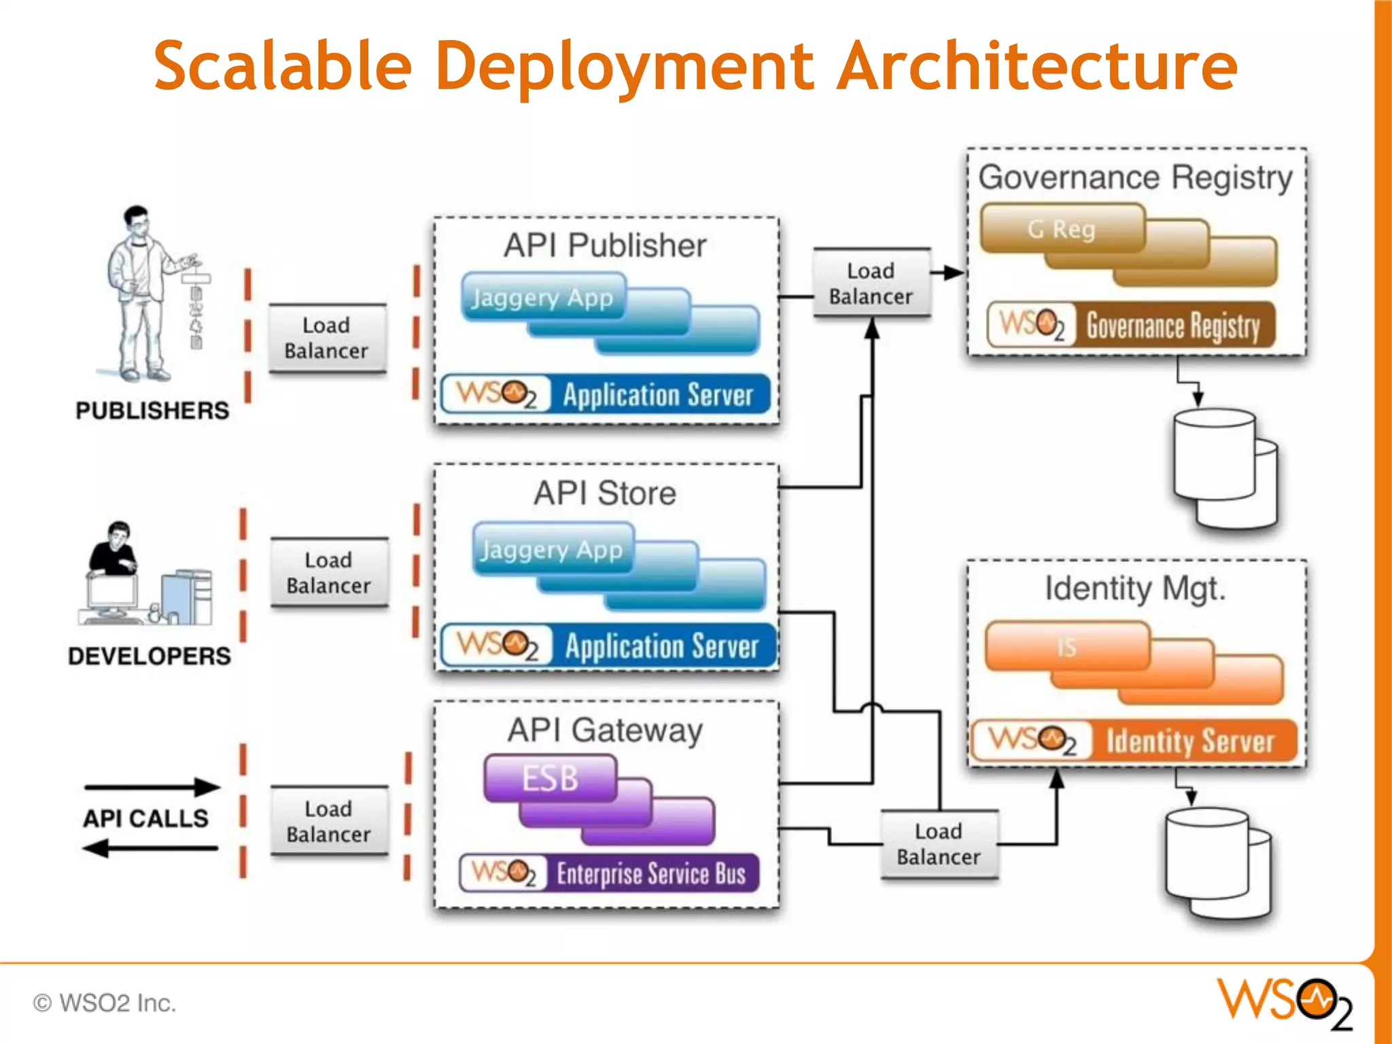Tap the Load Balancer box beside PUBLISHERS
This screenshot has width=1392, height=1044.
point(327,338)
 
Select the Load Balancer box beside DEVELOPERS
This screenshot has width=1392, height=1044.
point(329,572)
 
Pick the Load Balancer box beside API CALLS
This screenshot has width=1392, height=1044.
point(329,821)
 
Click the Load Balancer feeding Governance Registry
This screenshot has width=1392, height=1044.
point(871,283)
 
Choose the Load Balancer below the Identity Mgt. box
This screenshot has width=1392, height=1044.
point(939,843)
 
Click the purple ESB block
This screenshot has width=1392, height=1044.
point(550,778)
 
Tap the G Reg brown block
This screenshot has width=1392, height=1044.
point(1062,229)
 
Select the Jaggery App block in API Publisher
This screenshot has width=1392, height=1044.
point(542,298)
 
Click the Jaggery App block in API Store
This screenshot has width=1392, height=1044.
point(552,549)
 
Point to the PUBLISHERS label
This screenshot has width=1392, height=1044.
point(152,411)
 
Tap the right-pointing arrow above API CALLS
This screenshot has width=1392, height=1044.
point(152,787)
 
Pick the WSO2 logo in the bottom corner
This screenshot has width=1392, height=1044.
point(1285,1003)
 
